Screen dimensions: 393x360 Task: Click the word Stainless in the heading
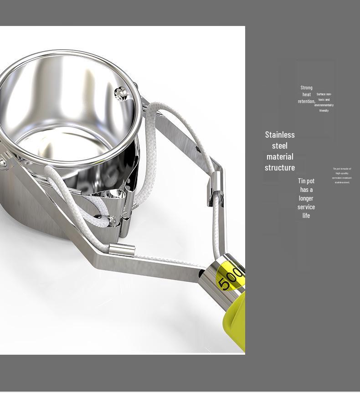pos(280,134)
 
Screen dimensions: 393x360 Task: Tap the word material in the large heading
pos(280,156)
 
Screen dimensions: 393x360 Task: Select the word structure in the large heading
pos(280,167)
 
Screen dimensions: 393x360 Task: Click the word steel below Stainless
pos(280,145)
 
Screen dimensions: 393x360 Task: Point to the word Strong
pos(307,88)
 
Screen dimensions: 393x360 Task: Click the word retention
pos(306,101)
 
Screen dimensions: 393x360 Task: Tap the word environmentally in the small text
pos(324,105)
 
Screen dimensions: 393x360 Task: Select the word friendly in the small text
pos(324,110)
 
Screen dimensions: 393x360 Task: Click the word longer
pos(306,198)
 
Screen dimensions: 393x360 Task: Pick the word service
pos(306,207)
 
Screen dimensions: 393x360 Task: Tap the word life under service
pos(306,216)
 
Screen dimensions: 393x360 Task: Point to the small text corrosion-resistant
pos(342,178)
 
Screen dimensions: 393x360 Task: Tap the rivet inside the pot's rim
pos(120,94)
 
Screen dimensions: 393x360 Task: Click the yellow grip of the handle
pos(235,319)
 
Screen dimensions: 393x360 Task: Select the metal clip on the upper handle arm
pos(217,185)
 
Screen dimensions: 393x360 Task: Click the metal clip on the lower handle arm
pos(122,250)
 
